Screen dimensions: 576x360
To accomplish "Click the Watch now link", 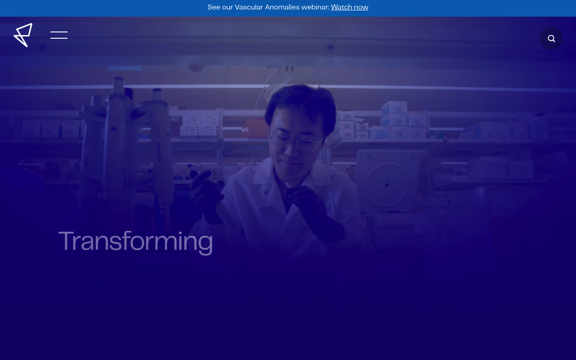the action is pos(350,7).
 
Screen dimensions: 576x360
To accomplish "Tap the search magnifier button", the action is pos(551,38).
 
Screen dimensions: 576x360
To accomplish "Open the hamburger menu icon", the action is pos(59,35).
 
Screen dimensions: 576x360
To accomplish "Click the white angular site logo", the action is pos(23,35).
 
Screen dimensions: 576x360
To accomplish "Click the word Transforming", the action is pos(135,242).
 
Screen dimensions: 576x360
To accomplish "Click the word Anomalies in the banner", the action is pos(282,7).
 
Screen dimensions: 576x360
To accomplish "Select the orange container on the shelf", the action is pos(255,128).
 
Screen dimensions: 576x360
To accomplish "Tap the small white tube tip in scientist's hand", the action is pos(288,185).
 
